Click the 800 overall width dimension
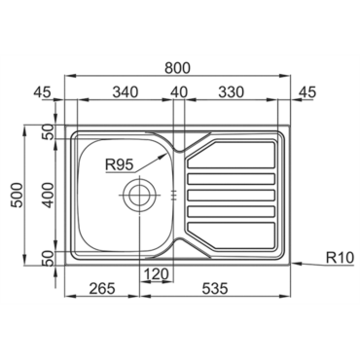(177, 68)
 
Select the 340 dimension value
(126, 92)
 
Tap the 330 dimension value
(231, 92)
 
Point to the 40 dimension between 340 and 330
(179, 92)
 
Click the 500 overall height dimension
(18, 195)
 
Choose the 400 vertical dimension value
(48, 195)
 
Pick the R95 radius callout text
(119, 165)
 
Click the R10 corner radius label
(339, 258)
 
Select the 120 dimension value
(156, 274)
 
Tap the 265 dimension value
(102, 288)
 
